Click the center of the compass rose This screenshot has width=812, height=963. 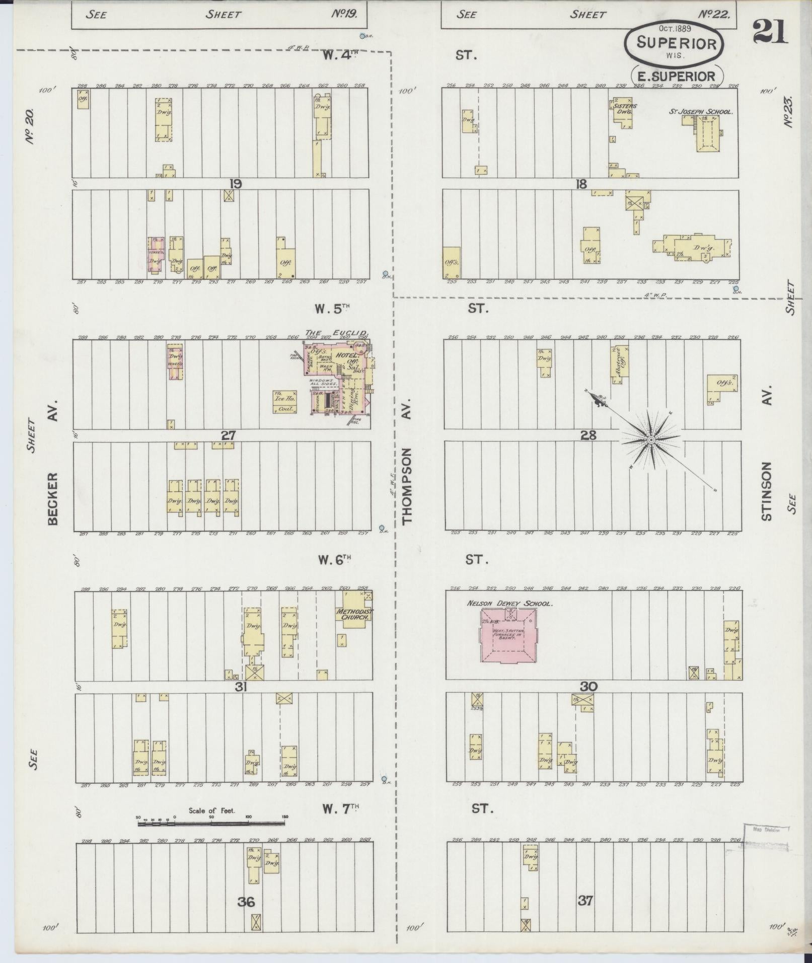tap(651, 440)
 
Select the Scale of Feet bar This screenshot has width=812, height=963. tap(211, 824)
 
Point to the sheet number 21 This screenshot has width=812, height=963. tap(771, 31)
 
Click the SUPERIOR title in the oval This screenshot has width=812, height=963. tap(676, 42)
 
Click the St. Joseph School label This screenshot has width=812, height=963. tap(700, 112)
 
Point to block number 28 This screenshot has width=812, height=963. tap(588, 435)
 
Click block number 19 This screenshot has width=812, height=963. tap(235, 184)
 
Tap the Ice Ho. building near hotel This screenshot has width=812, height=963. tap(284, 402)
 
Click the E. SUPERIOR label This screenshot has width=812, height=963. tap(676, 76)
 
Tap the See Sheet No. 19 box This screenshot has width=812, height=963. tap(219, 14)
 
